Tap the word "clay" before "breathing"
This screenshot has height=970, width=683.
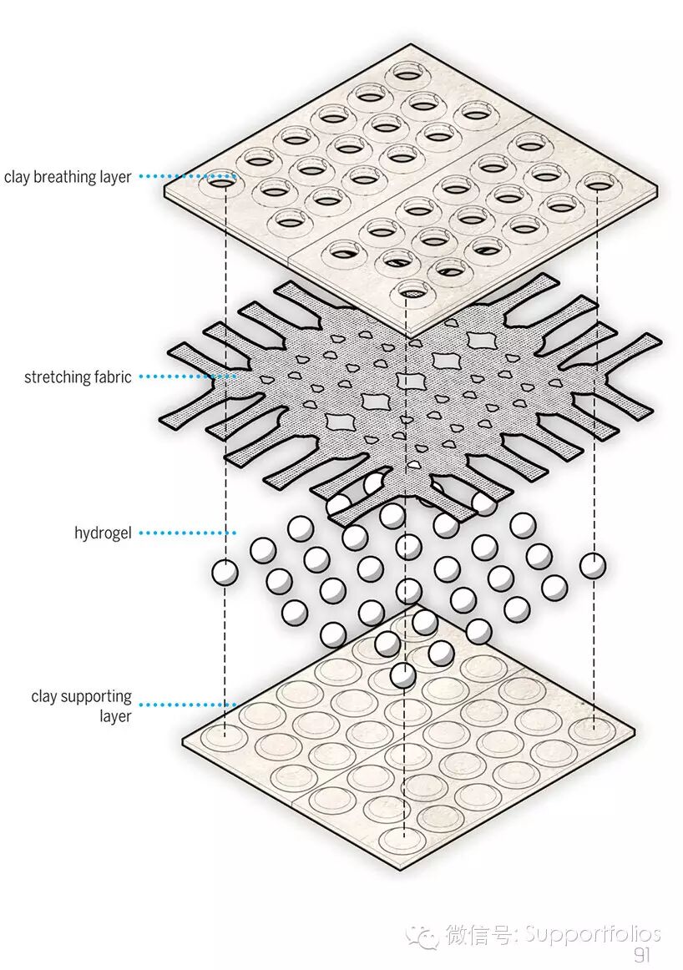pos(18,177)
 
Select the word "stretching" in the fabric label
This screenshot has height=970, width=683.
pos(55,377)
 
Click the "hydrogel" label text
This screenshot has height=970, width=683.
pos(103,533)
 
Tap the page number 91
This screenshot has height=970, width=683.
pos(641,955)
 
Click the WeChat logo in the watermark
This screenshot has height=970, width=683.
pos(422,935)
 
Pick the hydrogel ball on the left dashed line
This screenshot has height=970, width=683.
pos(225,573)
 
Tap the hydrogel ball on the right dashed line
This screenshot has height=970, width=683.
pos(593,565)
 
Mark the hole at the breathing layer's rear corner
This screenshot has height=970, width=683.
pos(409,72)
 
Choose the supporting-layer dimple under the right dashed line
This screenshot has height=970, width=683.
pos(594,728)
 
